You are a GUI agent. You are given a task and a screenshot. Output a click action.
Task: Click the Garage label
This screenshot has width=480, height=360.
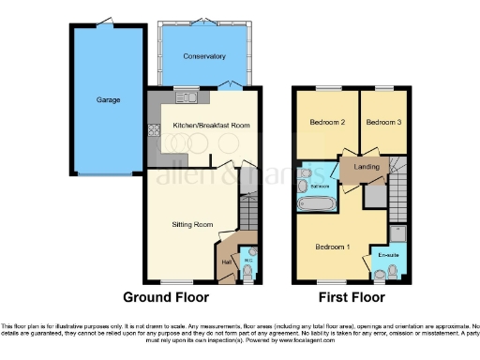(x=108, y=99)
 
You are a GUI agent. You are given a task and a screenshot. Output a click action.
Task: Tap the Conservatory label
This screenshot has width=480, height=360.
(x=204, y=56)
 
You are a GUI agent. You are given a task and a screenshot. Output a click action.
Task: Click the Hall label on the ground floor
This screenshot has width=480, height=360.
(x=226, y=262)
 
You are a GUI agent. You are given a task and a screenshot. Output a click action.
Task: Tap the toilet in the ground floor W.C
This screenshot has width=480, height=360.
(x=247, y=271)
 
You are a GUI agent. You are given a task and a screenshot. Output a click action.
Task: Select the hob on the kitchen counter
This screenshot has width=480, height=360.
(x=153, y=132)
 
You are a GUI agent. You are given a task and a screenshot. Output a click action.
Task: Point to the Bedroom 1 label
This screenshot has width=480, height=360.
(x=333, y=246)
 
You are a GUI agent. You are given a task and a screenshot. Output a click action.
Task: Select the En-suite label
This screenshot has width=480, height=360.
(x=387, y=254)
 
